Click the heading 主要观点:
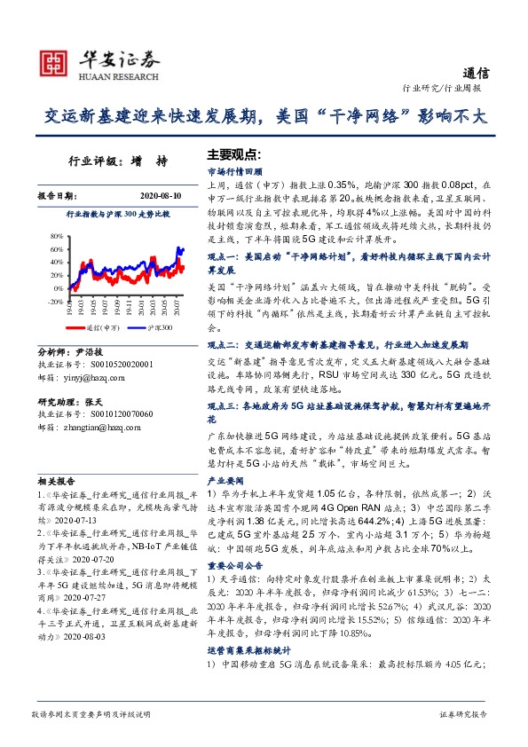point(232,153)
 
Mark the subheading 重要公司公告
point(231,563)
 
